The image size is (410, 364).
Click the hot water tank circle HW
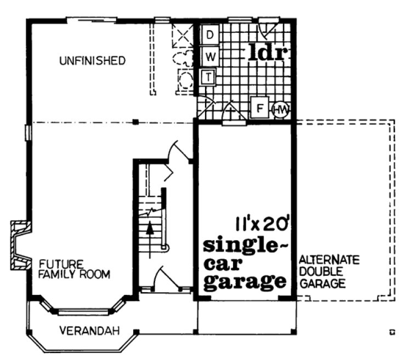coord(280,109)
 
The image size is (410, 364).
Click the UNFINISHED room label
coord(92,60)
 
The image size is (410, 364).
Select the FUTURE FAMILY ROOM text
coord(74,268)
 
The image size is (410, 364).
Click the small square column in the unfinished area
coord(135,122)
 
